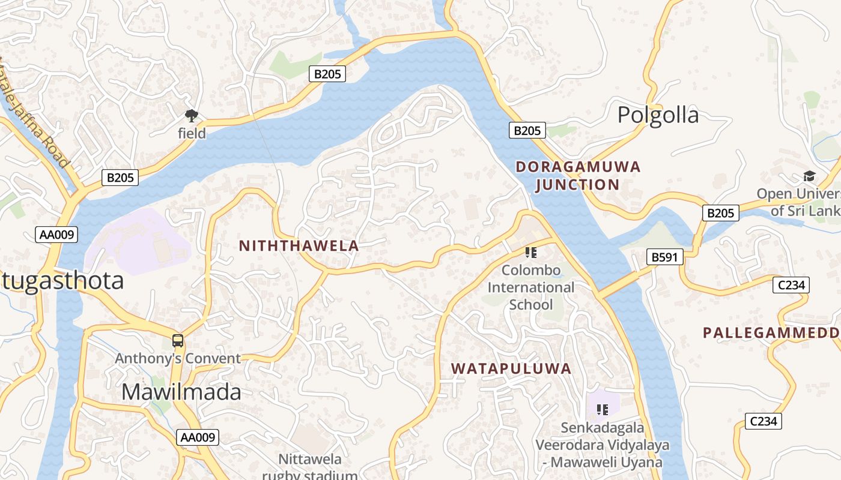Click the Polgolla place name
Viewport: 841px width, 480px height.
point(658,115)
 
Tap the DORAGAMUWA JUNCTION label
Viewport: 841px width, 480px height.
point(578,176)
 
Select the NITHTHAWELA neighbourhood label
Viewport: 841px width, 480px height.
point(299,245)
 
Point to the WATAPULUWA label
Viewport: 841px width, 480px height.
point(511,368)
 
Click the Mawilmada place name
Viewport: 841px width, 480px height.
point(181,392)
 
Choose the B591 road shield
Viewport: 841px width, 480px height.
point(665,257)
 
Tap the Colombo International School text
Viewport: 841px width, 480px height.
point(531,287)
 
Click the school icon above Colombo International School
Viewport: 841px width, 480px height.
point(531,252)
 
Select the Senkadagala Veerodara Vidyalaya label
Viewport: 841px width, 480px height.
point(603,445)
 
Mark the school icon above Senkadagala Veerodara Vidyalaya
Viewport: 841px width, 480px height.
point(603,409)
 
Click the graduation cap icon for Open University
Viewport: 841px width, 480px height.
point(809,176)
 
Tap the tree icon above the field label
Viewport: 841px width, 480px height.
point(192,115)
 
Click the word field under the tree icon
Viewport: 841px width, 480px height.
point(192,133)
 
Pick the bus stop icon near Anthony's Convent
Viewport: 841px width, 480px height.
point(178,341)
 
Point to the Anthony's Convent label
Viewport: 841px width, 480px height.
point(178,359)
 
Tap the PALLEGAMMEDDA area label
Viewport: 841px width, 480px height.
point(772,332)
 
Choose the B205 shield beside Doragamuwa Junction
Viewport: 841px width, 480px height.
point(527,130)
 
